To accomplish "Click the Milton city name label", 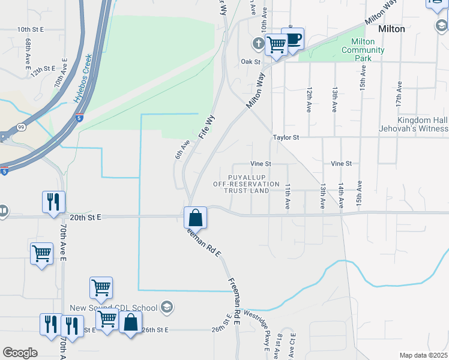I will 391,29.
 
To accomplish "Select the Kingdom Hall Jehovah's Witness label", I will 414,124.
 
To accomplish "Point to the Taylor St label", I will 286,137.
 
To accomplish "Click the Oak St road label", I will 250,62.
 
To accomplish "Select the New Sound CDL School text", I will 113,308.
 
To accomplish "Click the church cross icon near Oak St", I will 258,43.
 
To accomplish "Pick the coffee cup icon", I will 293,39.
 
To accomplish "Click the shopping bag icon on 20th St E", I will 196,218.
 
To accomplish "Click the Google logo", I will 20,352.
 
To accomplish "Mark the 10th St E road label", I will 32,29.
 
